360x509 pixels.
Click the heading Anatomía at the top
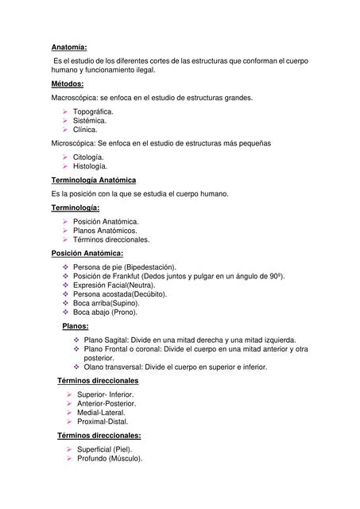coord(69,47)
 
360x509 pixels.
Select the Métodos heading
coord(67,84)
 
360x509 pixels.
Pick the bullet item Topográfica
coord(93,112)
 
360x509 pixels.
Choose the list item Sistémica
coord(90,121)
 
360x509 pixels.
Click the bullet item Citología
coord(88,157)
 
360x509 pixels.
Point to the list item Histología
coord(90,166)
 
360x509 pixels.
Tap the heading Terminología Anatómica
coord(93,181)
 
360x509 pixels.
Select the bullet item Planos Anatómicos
coord(105,231)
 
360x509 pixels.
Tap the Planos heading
coord(75,326)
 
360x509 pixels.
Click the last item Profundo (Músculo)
coord(110,459)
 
